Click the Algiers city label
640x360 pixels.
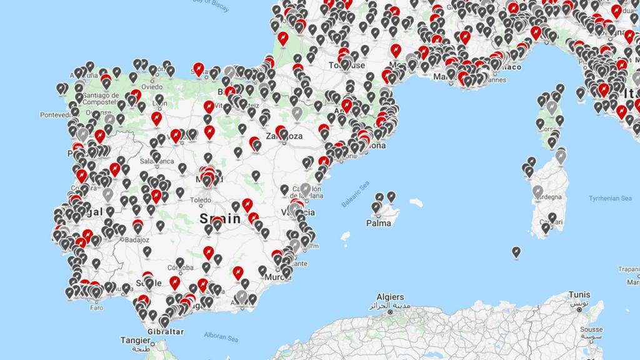tap(390, 297)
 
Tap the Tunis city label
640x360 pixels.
tap(579, 294)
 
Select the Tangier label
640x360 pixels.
tap(136, 341)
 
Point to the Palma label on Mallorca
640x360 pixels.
tap(379, 222)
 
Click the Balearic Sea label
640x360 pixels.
tap(356, 194)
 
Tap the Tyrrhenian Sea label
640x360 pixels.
tap(610, 198)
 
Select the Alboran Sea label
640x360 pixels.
tap(222, 336)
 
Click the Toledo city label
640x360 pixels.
tap(201, 201)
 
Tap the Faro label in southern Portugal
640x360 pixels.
tap(96, 307)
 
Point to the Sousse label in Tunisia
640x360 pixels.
tap(591, 329)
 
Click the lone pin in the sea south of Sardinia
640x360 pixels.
tap(516, 252)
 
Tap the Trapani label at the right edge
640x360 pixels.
tap(629, 269)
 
